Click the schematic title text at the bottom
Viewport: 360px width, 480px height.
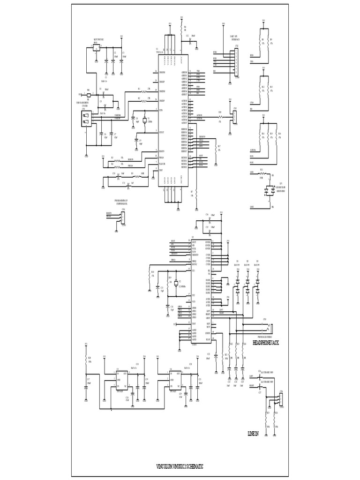pyautogui.click(x=180, y=467)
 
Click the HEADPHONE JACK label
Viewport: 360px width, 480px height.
pyautogui.click(x=265, y=343)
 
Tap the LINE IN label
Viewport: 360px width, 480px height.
pyautogui.click(x=253, y=434)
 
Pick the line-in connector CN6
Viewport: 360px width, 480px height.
pyautogui.click(x=280, y=399)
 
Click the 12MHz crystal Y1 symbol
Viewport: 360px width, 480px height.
pyautogui.click(x=145, y=120)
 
